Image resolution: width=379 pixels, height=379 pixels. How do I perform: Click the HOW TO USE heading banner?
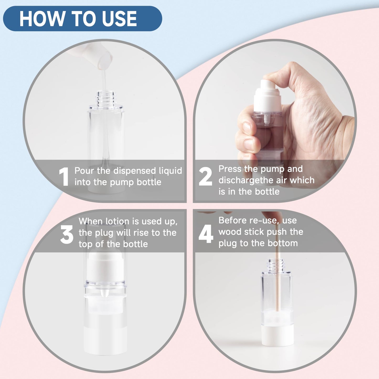pos(82,19)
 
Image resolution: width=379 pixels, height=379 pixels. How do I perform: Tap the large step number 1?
pos(64,177)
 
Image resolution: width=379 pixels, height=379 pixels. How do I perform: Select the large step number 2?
pos(205,177)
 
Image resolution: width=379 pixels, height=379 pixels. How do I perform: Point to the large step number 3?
pos(67,234)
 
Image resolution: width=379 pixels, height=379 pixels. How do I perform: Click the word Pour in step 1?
pos(84,171)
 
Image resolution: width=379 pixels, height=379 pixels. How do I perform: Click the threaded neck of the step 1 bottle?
pos(105,97)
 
